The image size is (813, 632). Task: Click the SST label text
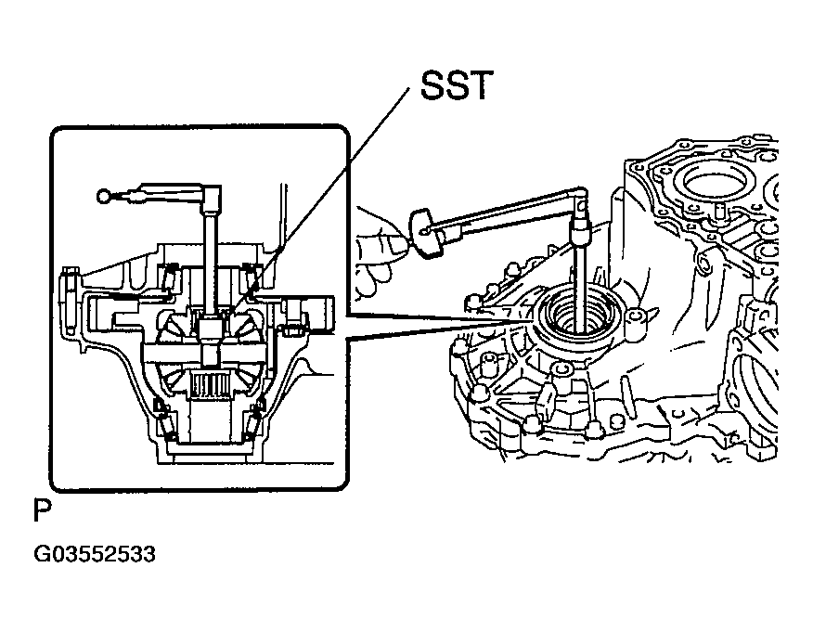pyautogui.click(x=456, y=85)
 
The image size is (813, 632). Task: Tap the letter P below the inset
pyautogui.click(x=43, y=510)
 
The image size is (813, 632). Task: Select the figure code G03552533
pyautogui.click(x=95, y=554)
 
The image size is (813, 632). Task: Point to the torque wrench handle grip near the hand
pyautogui.click(x=426, y=232)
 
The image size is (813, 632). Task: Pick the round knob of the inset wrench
pyautogui.click(x=103, y=196)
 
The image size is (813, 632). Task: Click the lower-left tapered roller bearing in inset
pyautogui.click(x=165, y=419)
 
